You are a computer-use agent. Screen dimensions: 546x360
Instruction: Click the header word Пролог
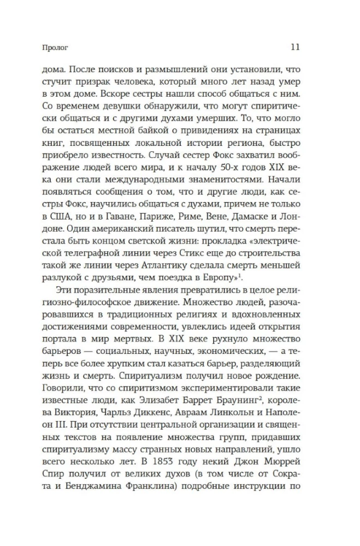(x=50, y=47)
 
